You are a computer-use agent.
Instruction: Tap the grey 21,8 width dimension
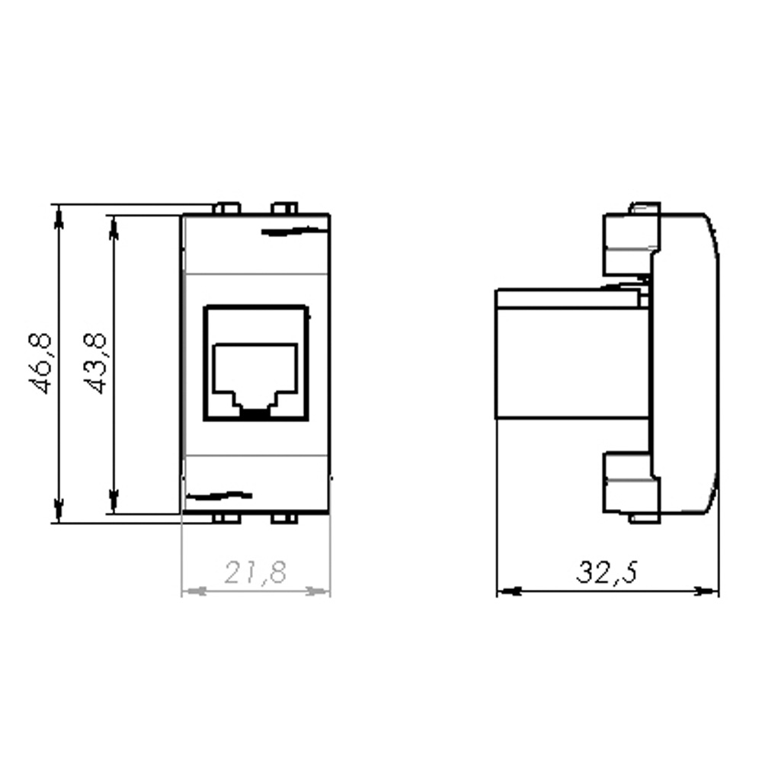(x=255, y=572)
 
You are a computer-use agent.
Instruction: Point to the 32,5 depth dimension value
(x=606, y=572)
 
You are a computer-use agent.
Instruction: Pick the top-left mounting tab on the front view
(x=226, y=207)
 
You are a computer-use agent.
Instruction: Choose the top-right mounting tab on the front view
(x=284, y=207)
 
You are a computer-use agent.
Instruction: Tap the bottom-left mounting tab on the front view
(x=226, y=519)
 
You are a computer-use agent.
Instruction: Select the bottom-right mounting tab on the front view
(x=283, y=519)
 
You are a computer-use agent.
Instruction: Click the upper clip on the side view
(x=630, y=242)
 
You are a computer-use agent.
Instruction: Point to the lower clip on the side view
(x=630, y=485)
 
